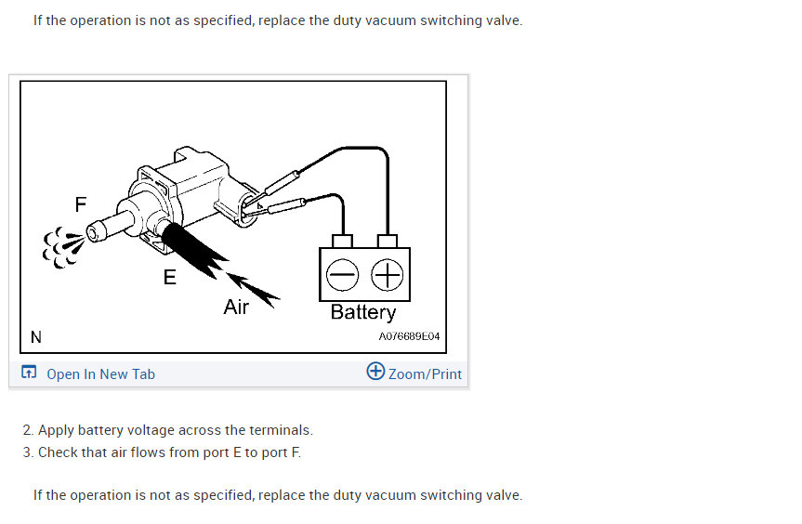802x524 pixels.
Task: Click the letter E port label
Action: click(169, 276)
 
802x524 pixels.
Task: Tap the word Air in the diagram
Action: click(236, 307)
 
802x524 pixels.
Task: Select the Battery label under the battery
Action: click(363, 312)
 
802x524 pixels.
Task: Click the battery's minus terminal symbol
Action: click(342, 274)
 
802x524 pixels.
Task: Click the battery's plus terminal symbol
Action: click(387, 274)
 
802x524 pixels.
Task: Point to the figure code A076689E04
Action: click(409, 336)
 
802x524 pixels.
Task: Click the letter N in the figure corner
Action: click(35, 336)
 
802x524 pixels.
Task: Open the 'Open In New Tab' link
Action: click(100, 374)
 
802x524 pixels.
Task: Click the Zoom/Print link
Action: click(425, 374)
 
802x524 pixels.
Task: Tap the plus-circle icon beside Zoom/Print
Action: click(375, 372)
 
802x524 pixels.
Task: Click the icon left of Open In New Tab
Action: click(29, 373)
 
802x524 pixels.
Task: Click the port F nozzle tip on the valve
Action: click(92, 230)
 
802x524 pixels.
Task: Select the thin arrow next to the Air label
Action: click(255, 288)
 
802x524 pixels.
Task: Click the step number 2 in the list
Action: click(28, 430)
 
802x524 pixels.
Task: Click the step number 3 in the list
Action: click(28, 452)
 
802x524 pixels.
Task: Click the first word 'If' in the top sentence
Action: click(39, 20)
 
